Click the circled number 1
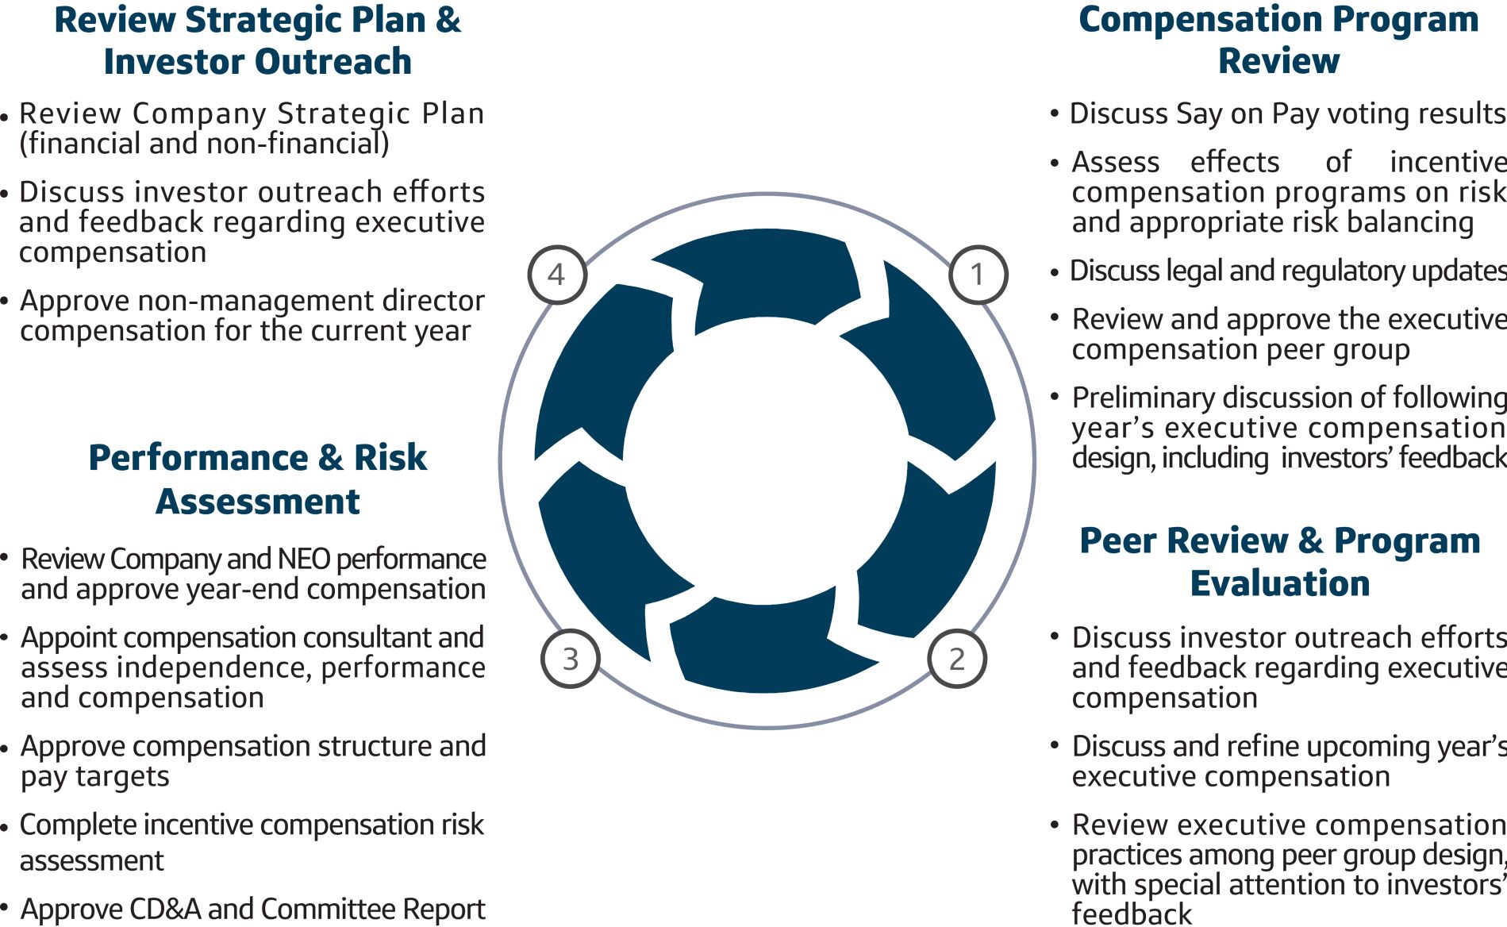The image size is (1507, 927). point(978,275)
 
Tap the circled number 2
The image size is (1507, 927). point(957,659)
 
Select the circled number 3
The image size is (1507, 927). point(571,659)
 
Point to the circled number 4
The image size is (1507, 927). point(557,275)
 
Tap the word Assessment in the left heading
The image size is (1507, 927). point(257,502)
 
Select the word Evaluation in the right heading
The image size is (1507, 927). point(1279,583)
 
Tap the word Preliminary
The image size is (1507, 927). point(1136,398)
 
